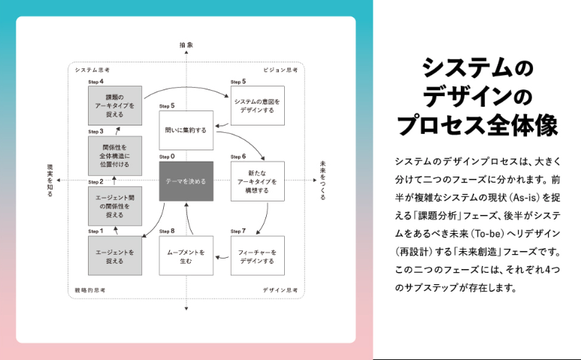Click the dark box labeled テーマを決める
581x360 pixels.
tap(186, 181)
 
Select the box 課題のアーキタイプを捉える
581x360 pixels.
tap(115, 105)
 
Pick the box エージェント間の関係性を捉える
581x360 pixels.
tap(115, 205)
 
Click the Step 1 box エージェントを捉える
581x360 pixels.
tap(115, 256)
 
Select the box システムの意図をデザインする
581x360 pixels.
tap(258, 105)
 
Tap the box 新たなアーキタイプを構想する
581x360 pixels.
tap(258, 181)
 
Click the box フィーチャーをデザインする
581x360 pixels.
tap(258, 256)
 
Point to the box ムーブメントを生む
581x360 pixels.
tap(186, 256)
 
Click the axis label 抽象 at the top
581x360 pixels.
tap(186, 45)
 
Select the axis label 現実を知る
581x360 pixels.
tap(50, 180)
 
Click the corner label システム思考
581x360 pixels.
tap(92, 69)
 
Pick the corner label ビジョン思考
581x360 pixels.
tap(280, 69)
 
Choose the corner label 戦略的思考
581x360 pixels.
tap(91, 290)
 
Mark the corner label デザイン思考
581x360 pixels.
tap(280, 290)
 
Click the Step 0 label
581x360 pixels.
tap(167, 156)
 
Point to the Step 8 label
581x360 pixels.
tap(167, 231)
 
